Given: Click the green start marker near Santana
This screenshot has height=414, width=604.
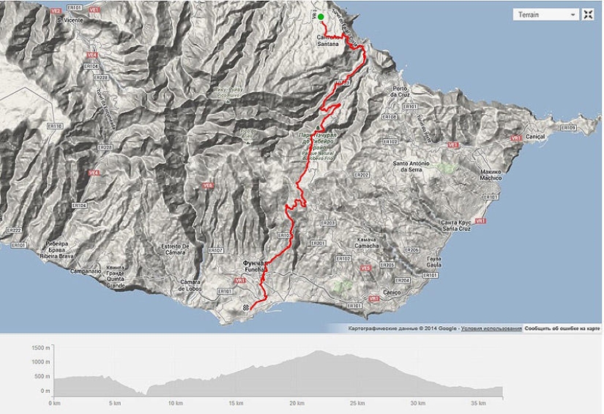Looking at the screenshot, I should point(321,16).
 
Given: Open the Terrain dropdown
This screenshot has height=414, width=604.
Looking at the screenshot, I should point(545,15).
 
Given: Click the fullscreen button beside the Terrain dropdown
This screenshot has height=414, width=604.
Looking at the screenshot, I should point(587,15).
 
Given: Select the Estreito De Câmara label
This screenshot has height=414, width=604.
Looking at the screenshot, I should point(176,249).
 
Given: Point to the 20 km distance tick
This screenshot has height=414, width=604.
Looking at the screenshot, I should point(297,403).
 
